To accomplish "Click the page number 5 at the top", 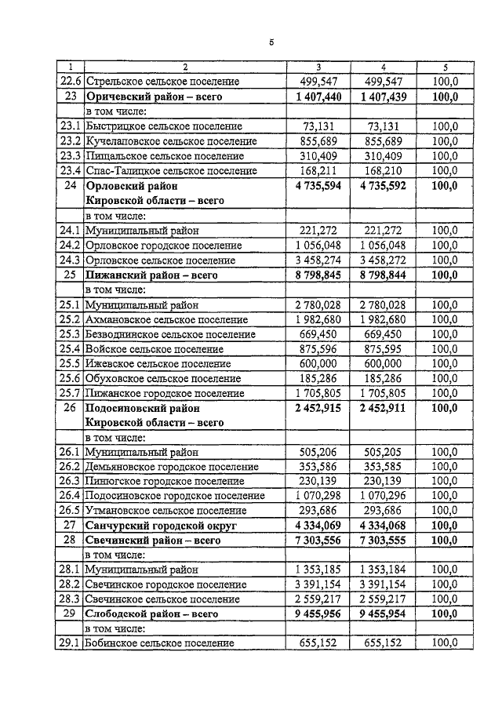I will click(271, 42).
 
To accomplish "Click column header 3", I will click(318, 68).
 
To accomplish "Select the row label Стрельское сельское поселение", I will click(163, 82).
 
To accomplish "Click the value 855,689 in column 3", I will click(318, 141).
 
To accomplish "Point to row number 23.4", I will click(71, 170).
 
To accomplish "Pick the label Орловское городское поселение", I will click(164, 246).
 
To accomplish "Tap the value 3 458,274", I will click(318, 260).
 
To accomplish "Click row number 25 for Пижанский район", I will click(71, 275).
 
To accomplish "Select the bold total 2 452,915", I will click(318, 408).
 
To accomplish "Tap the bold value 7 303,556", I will click(318, 541).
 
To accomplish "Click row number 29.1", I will click(71, 643).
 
